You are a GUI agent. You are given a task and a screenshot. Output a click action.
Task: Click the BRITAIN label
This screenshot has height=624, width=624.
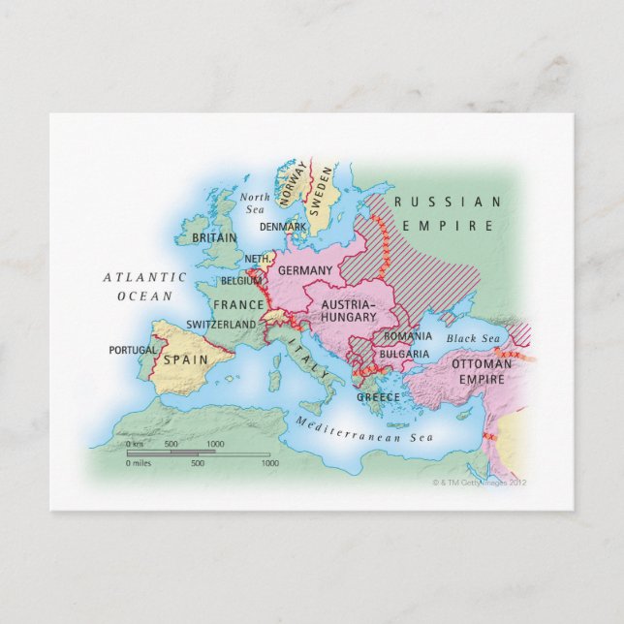click(x=214, y=237)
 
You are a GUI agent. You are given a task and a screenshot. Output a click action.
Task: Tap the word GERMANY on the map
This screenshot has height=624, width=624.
click(x=305, y=270)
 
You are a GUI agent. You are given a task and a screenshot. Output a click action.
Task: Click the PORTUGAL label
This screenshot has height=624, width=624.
click(x=132, y=350)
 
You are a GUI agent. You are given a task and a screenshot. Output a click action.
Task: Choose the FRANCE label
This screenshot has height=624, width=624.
click(x=238, y=304)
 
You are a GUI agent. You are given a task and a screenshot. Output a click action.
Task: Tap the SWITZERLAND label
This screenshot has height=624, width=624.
click(x=220, y=324)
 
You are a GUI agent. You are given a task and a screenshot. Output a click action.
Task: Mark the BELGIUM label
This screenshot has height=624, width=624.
click(x=241, y=280)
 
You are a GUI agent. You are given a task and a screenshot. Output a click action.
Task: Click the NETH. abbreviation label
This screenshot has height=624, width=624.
click(x=256, y=259)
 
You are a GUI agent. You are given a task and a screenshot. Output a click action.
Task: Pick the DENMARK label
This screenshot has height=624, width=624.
click(x=283, y=227)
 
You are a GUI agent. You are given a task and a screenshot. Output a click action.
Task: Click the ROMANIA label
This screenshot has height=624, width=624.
click(x=407, y=335)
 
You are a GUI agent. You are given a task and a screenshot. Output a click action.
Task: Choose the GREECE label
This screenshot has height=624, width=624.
click(x=378, y=397)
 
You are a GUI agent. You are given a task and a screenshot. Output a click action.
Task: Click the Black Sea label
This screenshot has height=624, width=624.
click(x=472, y=338)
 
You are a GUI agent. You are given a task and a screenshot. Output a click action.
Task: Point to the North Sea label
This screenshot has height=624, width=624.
click(x=256, y=202)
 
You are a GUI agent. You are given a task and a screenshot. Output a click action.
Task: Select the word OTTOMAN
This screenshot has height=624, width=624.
click(x=482, y=364)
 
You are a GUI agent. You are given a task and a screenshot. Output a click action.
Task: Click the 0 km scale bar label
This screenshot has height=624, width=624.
click(x=136, y=444)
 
